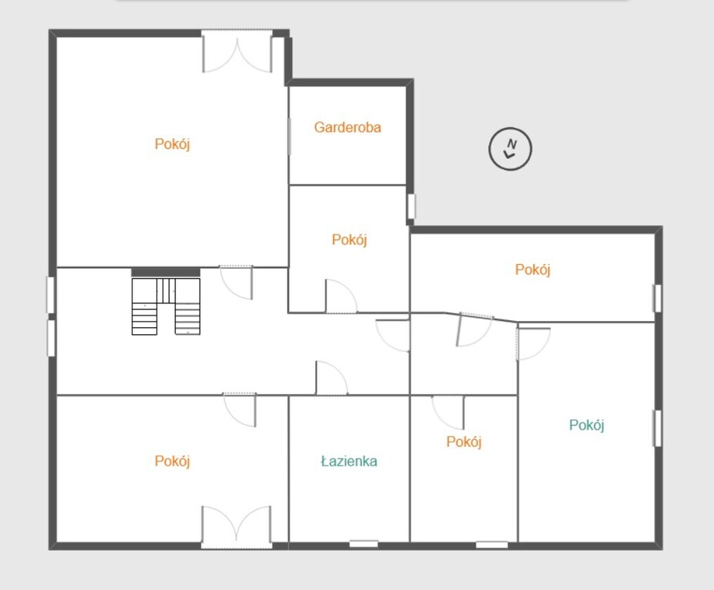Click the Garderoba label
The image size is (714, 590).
pos(347,128)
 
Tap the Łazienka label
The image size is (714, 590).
pos(349,461)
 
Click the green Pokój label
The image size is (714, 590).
pos(586,425)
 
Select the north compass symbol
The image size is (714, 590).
pos(510,149)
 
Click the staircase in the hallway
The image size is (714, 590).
pos(166,307)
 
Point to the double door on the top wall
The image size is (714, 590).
pos(237,51)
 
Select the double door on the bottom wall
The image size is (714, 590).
pos(236,527)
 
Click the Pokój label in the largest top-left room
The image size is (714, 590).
pos(172,144)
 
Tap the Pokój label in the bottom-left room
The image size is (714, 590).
pos(172,461)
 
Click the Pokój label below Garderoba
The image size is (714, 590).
pos(349,240)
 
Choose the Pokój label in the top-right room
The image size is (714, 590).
pos(533,270)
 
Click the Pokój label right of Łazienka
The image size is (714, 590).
pos(463,442)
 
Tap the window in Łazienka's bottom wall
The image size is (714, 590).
pos(364,544)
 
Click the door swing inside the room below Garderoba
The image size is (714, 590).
pos(341,296)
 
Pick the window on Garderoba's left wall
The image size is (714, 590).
pos(289,136)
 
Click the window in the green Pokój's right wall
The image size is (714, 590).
pos(658,429)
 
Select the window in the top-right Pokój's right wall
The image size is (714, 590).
pos(658,299)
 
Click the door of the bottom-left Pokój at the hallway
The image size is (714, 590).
pos(240,409)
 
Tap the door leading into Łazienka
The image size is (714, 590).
pos(331,378)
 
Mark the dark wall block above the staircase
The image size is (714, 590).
pos(166,272)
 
